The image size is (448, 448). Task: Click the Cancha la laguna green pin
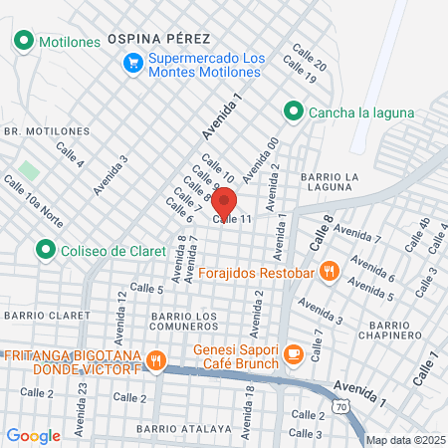click(x=293, y=112)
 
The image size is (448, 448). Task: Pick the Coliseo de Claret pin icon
click(x=44, y=248)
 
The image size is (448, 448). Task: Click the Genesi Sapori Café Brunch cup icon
click(x=294, y=352)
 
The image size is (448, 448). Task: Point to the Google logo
click(x=33, y=435)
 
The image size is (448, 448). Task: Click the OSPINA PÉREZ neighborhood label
click(x=159, y=38)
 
